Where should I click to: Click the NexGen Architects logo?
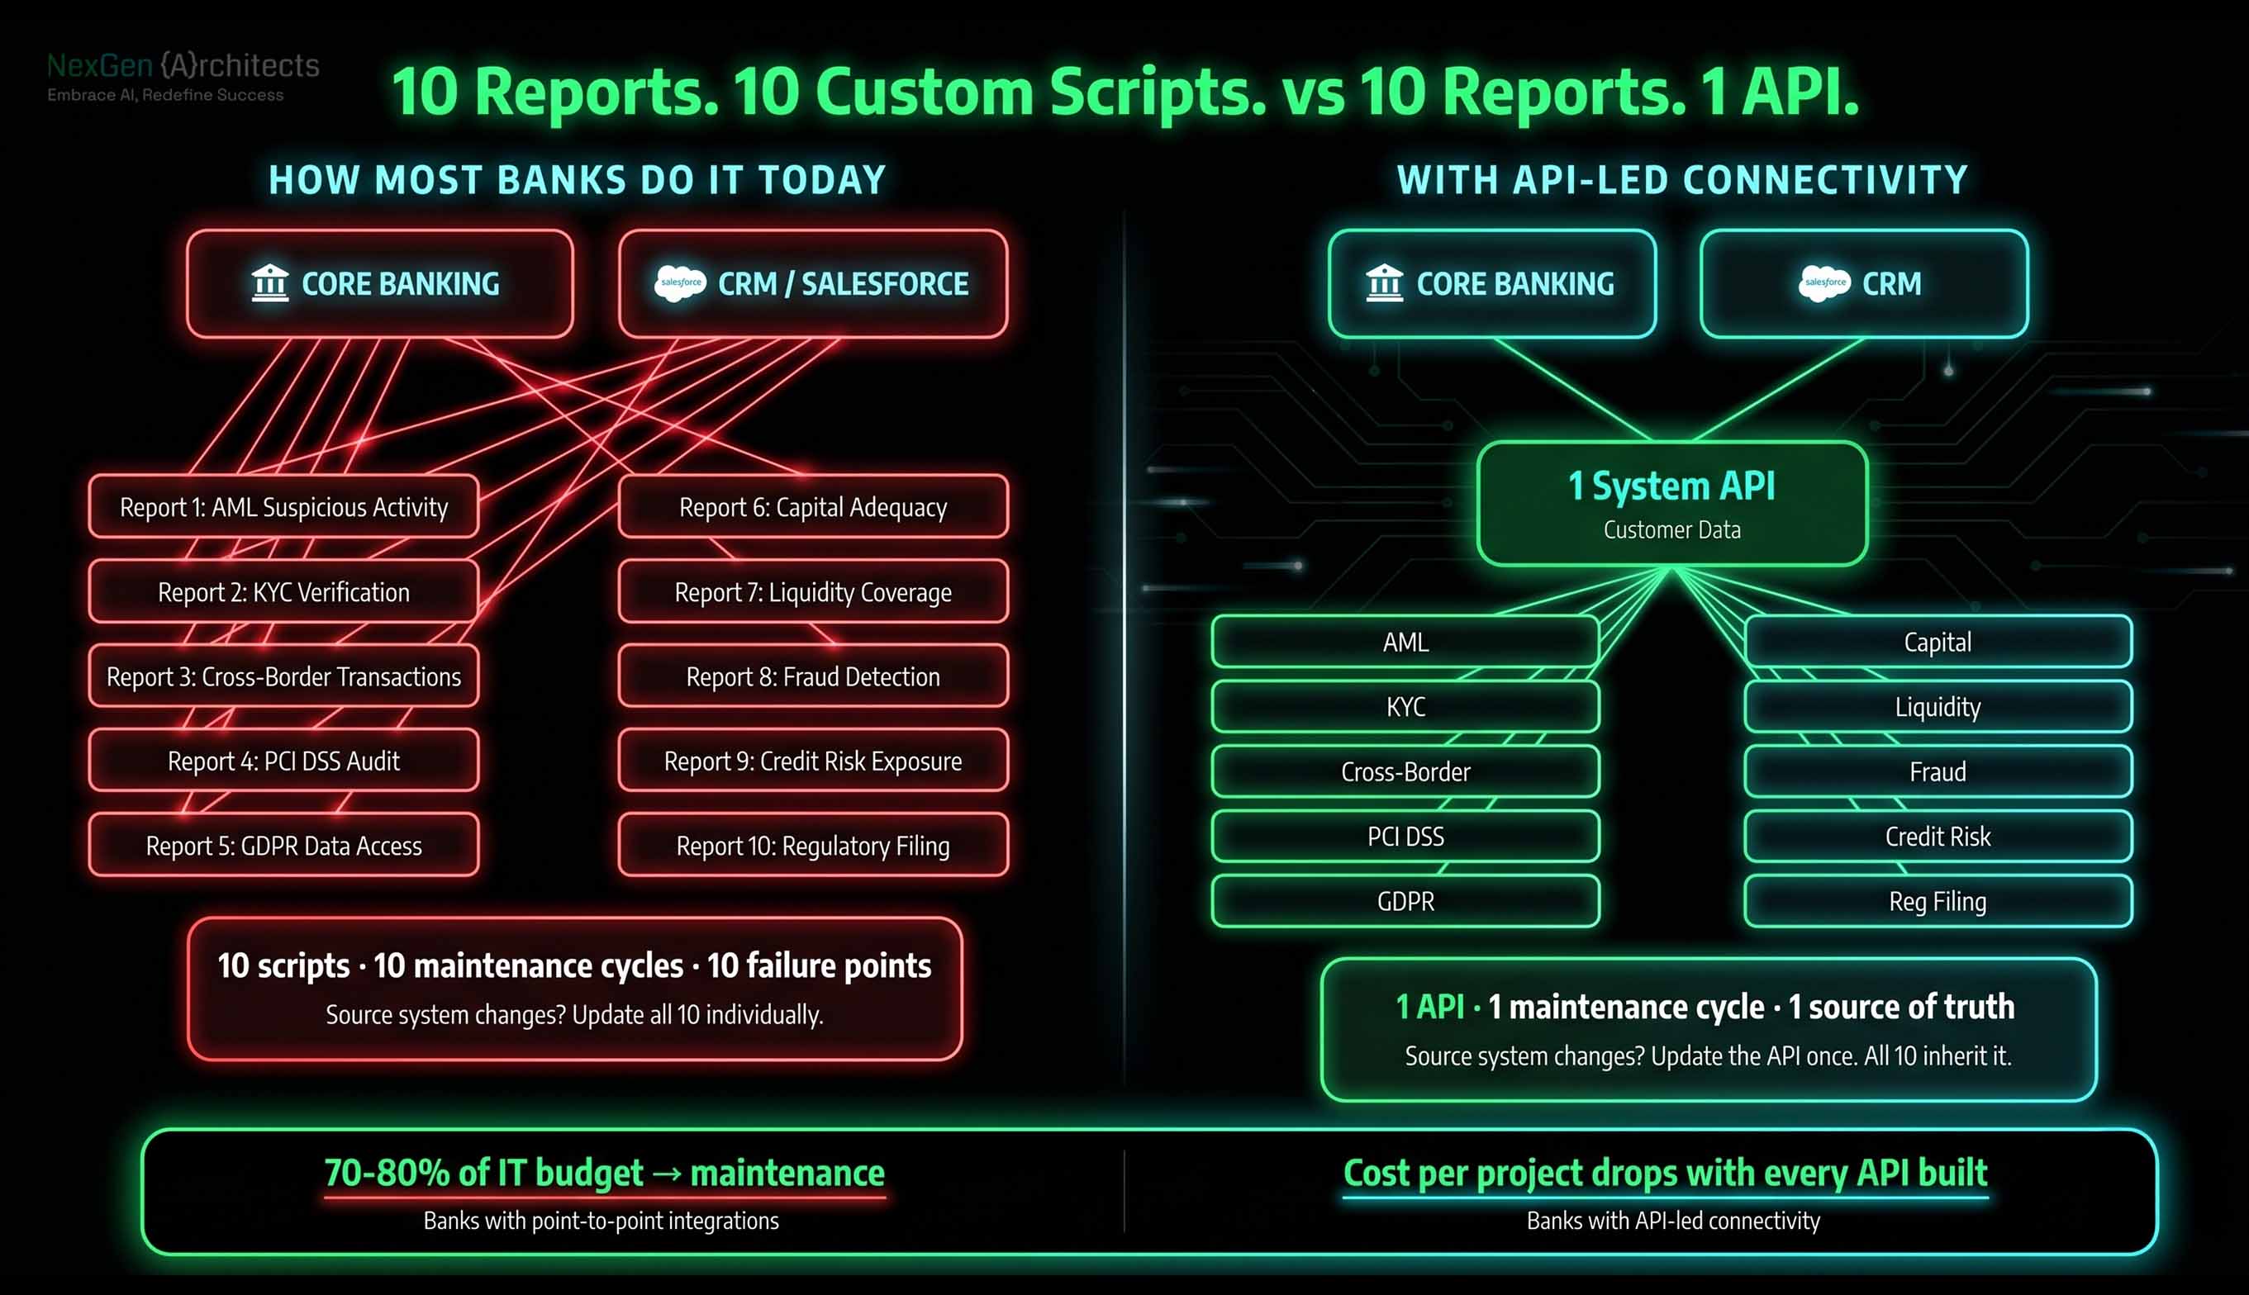click(183, 76)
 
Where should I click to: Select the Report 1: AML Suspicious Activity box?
click(283, 507)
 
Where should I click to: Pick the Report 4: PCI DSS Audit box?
click(283, 761)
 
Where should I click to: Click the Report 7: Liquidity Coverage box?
click(813, 592)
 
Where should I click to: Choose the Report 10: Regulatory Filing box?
click(813, 846)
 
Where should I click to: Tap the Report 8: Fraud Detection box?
click(813, 677)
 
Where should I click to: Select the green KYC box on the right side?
click(1405, 707)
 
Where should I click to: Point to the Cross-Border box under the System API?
click(1405, 772)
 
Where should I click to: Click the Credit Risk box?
click(1938, 837)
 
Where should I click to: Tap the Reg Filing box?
click(1938, 902)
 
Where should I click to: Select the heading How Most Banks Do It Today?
click(578, 181)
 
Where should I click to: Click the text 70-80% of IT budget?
click(483, 1173)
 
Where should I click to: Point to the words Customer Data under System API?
click(1671, 530)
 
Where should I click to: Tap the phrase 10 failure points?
click(820, 966)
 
